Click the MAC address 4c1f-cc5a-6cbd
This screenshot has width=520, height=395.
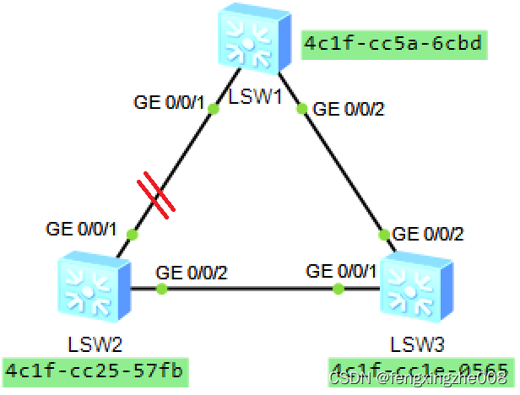[x=394, y=44]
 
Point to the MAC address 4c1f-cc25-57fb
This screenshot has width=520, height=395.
[x=95, y=370]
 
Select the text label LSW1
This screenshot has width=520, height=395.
[x=254, y=96]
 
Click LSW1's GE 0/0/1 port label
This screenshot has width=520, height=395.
[x=169, y=104]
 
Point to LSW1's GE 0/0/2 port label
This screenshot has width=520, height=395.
[x=349, y=109]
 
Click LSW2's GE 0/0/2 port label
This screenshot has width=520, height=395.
[x=191, y=273]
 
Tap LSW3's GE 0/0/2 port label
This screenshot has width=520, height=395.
[x=428, y=234]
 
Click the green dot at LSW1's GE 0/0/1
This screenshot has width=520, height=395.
[x=213, y=110]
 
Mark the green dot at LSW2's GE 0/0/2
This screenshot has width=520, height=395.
[x=161, y=289]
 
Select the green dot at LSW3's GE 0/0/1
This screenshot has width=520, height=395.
[x=338, y=289]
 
